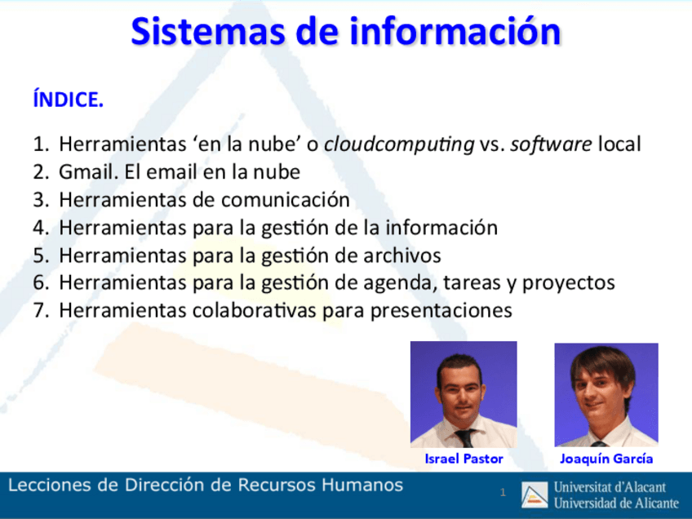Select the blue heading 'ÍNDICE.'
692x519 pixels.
68,100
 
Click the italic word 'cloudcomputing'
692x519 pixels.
398,145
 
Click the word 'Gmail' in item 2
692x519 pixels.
88,173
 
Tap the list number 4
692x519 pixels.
40,228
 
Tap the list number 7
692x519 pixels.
40,311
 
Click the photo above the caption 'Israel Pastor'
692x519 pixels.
463,393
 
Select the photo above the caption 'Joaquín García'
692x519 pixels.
605,394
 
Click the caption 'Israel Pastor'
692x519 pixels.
464,459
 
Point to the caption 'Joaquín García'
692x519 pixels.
605,459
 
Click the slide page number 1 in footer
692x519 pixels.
503,492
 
